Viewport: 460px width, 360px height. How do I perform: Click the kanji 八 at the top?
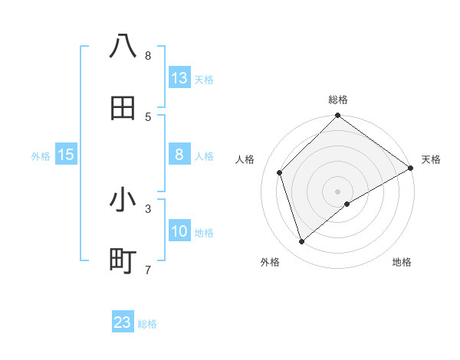[x=123, y=47]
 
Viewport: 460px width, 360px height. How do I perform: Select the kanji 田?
[x=123, y=108]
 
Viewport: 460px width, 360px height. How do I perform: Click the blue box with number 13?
[x=179, y=78]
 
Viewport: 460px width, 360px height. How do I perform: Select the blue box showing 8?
[x=179, y=155]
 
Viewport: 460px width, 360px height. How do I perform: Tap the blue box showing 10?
[x=179, y=231]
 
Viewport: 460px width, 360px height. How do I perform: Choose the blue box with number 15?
[x=66, y=155]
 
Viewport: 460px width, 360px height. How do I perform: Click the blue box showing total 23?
[x=123, y=322]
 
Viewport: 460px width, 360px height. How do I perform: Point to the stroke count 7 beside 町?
[x=147, y=270]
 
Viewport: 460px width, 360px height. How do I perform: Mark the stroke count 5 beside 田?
[x=147, y=116]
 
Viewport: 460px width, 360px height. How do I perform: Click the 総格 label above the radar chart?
[x=338, y=100]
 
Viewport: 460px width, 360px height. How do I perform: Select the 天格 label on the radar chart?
[x=431, y=159]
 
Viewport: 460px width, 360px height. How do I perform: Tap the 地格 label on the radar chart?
[x=402, y=262]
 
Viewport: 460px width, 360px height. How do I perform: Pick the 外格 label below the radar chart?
[x=270, y=262]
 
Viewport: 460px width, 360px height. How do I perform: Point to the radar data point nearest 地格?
[x=347, y=204]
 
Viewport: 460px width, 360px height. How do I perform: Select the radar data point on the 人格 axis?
[x=280, y=172]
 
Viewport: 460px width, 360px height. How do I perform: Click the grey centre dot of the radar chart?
[x=338, y=191]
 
